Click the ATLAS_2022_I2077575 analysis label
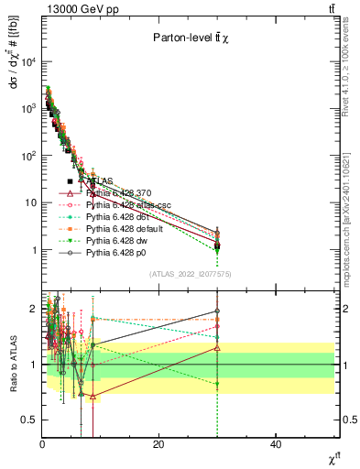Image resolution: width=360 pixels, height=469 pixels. point(191,274)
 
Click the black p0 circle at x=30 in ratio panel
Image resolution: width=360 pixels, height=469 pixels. point(217,311)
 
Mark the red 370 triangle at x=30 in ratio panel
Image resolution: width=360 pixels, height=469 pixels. point(217,348)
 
